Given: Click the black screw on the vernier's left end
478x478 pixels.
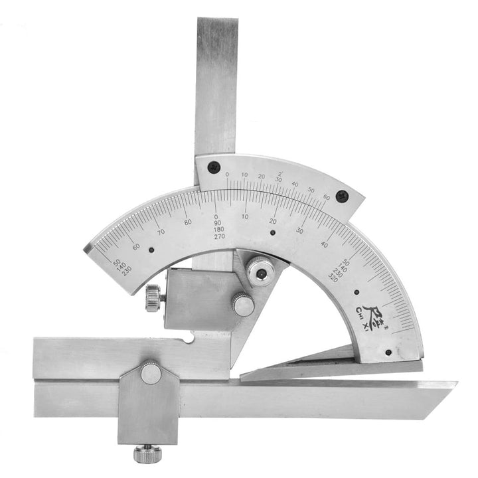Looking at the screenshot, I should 212,167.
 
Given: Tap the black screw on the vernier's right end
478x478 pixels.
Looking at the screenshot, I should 341,196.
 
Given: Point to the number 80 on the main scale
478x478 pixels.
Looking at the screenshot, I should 188,222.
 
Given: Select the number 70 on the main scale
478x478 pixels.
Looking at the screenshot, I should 161,232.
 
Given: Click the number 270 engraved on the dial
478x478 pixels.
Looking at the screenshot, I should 217,236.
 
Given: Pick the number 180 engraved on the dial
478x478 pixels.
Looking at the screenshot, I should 217,230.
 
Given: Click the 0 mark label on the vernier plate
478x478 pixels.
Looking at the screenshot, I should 227,175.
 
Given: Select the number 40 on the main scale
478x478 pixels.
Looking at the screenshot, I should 325,245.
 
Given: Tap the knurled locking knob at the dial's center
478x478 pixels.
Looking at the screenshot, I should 258,271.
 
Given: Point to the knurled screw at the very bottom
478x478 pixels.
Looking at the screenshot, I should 145,455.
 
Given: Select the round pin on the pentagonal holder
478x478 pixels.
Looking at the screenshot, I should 151,374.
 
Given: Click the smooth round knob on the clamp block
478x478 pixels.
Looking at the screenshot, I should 242,305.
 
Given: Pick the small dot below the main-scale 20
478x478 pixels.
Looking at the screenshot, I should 273,233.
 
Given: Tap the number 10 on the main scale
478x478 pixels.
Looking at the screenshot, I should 245,216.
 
